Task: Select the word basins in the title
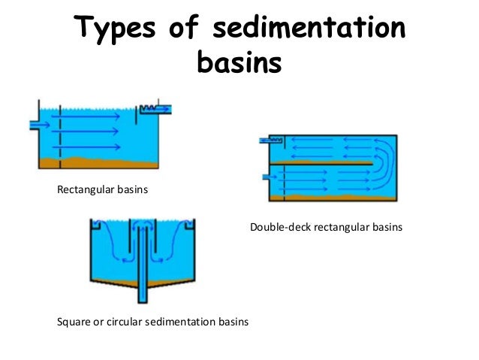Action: click(239, 63)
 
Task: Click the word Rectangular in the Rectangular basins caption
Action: click(85, 189)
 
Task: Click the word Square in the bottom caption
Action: click(74, 323)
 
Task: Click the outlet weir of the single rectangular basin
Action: click(153, 110)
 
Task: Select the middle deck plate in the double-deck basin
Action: click(323, 162)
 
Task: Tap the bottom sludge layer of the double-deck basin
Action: click(330, 198)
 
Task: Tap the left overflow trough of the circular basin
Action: click(95, 225)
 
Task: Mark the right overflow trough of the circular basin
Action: click(190, 225)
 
